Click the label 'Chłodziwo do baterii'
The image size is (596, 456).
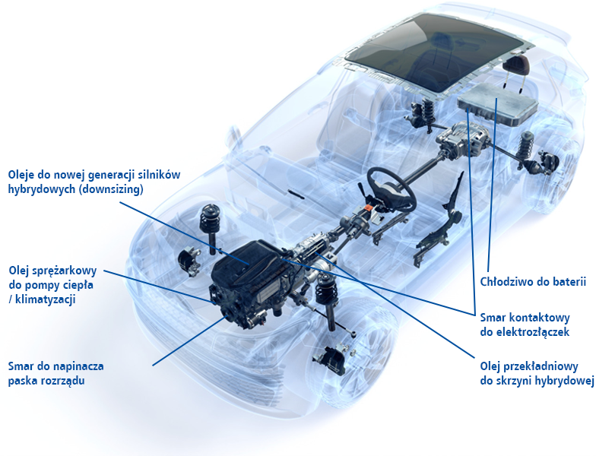point(533,282)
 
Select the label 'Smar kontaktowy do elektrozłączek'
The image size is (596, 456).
point(525,325)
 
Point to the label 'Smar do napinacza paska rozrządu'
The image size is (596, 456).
point(56,374)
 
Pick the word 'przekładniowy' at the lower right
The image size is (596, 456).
point(540,366)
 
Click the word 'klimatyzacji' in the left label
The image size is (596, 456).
point(46,299)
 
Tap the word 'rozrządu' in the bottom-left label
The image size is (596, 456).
point(61,381)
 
